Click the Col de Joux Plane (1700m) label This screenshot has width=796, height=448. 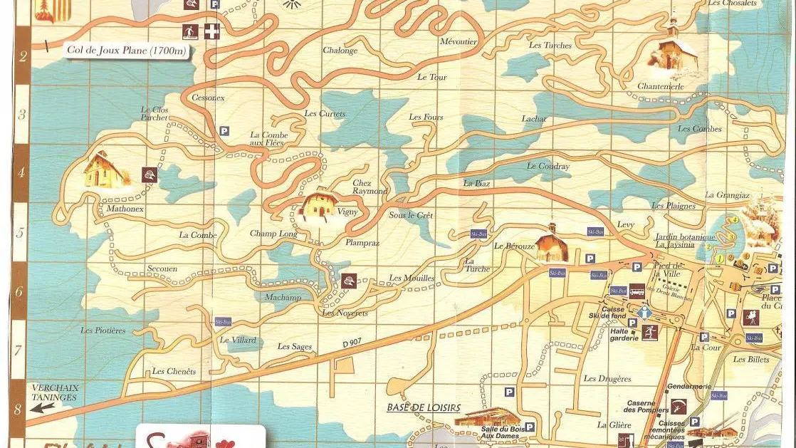point(126,50)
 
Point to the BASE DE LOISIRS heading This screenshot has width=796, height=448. point(424,408)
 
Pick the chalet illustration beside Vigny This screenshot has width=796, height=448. point(319,204)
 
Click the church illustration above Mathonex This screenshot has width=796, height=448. point(105,170)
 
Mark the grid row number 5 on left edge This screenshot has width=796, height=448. point(21,231)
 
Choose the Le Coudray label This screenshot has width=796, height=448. point(548,167)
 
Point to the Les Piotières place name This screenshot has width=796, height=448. point(103,330)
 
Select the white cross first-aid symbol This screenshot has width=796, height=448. point(211,32)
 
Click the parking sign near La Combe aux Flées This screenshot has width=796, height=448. point(224,131)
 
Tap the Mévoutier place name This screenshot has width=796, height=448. point(458,41)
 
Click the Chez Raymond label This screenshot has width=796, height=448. point(370,187)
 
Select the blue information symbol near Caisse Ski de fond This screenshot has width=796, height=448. point(644,313)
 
